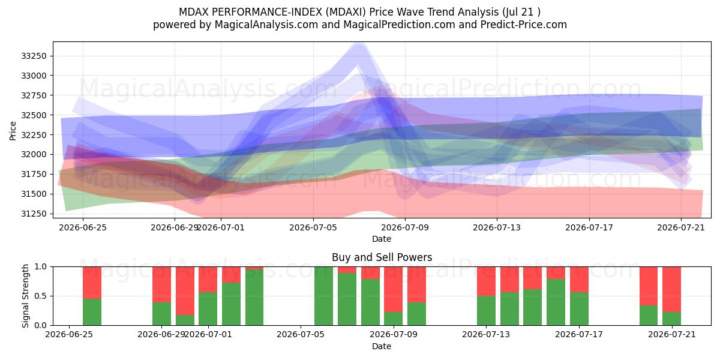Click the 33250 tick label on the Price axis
coord(34,56)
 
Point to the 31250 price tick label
coord(34,214)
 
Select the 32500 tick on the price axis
coord(34,115)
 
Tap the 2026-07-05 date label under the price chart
coord(313,227)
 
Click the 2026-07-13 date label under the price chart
coord(497,227)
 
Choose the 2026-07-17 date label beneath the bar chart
coord(579,334)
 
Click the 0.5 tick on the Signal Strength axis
coord(41,296)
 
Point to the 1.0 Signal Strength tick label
coord(41,266)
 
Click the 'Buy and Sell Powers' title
coord(382,257)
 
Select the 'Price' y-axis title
coord(13,131)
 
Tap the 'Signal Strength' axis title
coord(25,296)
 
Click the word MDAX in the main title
coord(194,12)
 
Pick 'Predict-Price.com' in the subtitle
coord(524,25)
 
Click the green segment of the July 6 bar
coord(323,296)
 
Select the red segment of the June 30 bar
coord(185,290)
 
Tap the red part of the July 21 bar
coord(671,289)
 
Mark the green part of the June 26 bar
coord(92,312)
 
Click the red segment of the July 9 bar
coord(394,289)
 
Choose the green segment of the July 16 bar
coord(556,302)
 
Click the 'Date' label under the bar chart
coord(382,346)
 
